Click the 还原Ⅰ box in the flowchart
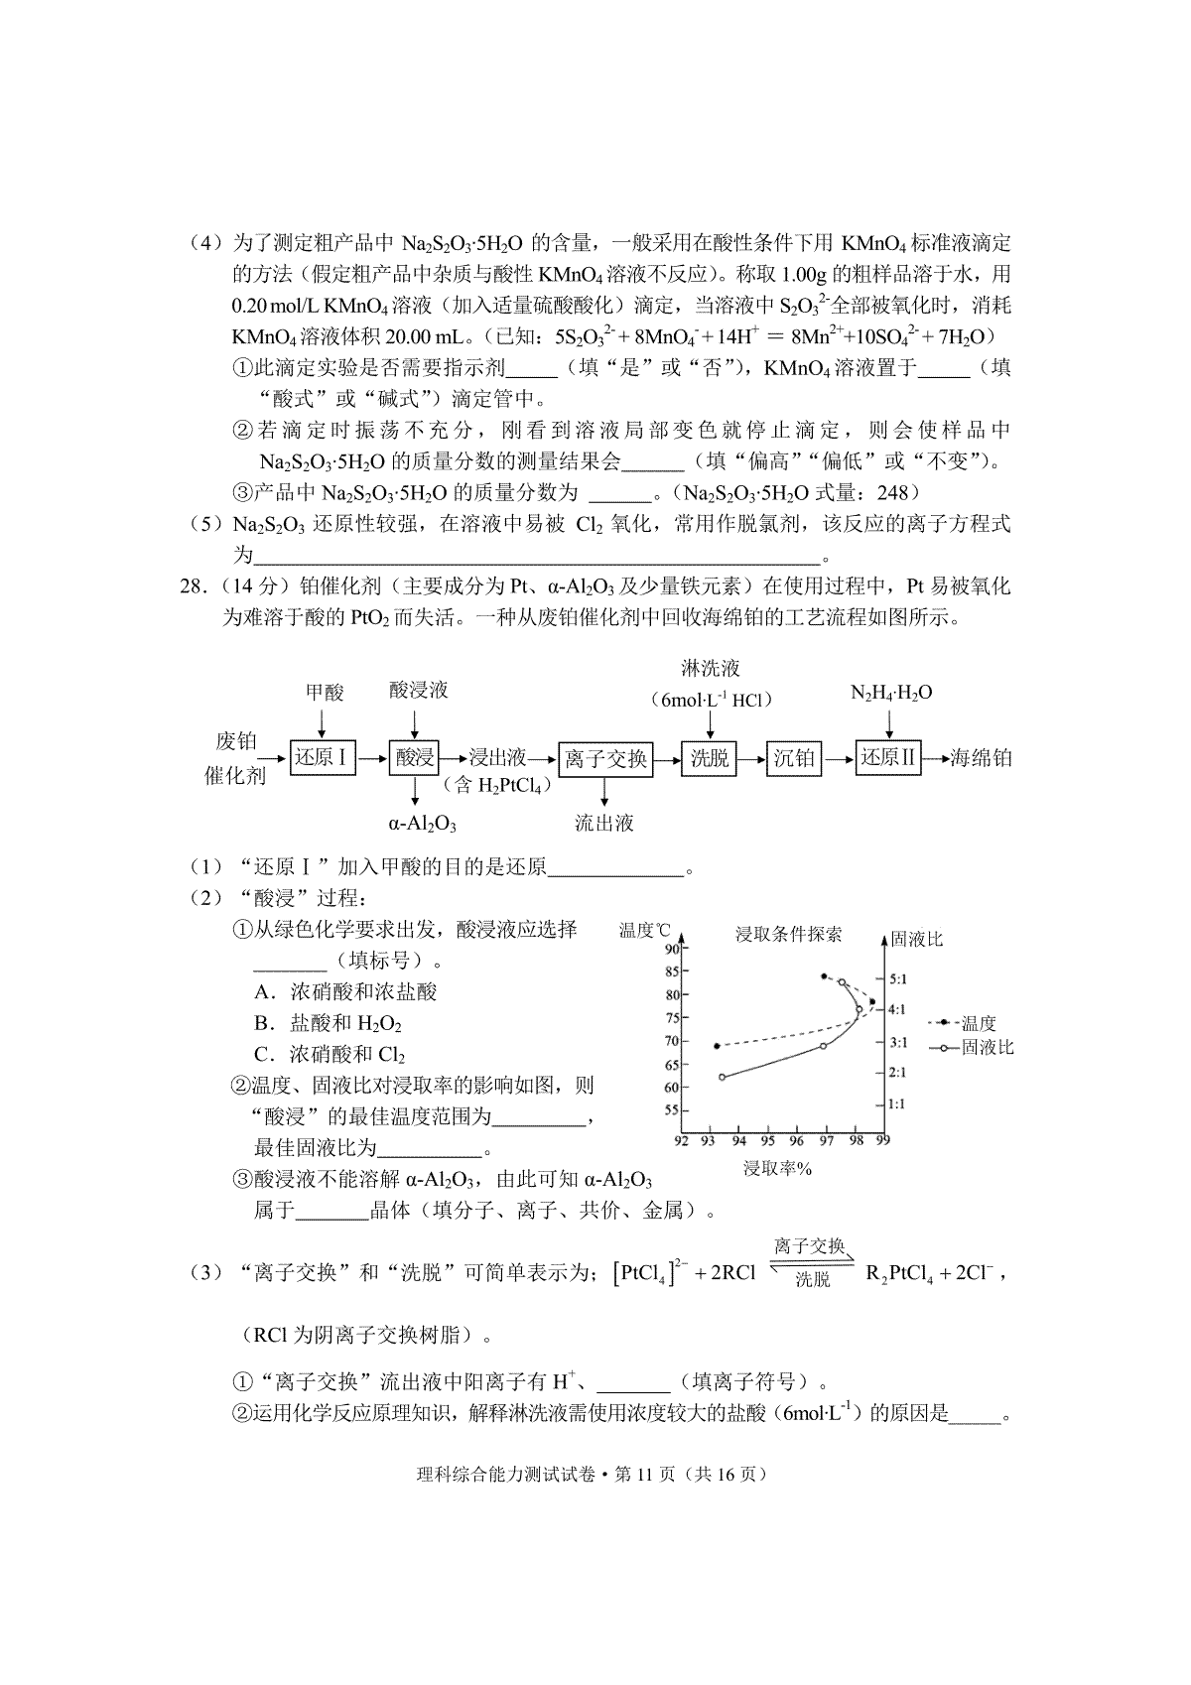(x=322, y=758)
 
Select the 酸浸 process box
(x=415, y=758)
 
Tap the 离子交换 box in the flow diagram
(x=605, y=759)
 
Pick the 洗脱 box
(x=710, y=759)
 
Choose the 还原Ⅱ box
(x=888, y=758)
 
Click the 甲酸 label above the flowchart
(x=325, y=692)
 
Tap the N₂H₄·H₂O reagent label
(x=891, y=692)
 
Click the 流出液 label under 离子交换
(x=603, y=823)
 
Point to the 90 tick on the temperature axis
(x=670, y=949)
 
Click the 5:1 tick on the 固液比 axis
(x=898, y=978)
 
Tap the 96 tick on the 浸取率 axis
(x=797, y=1141)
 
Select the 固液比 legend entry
(x=987, y=1047)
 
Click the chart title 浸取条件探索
(x=788, y=934)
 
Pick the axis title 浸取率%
(x=778, y=1169)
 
